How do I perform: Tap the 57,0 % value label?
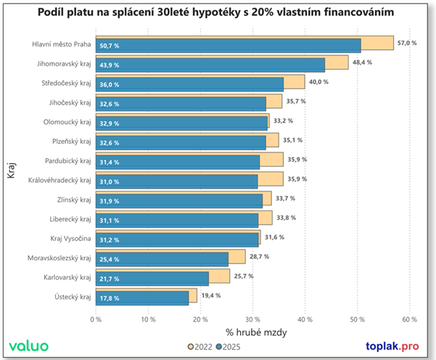(x=408, y=44)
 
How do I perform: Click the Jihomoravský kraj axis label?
(x=65, y=64)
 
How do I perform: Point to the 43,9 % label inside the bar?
(x=110, y=65)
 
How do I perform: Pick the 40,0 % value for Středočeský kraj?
(x=318, y=82)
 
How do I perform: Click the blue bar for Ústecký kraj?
(x=145, y=298)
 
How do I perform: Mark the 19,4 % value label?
(x=210, y=295)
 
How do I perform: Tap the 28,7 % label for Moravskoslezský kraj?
(x=258, y=257)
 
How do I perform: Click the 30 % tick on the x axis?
(x=252, y=319)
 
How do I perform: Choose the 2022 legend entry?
(x=201, y=347)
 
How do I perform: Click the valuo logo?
(x=29, y=346)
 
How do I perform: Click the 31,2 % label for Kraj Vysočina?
(x=110, y=240)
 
